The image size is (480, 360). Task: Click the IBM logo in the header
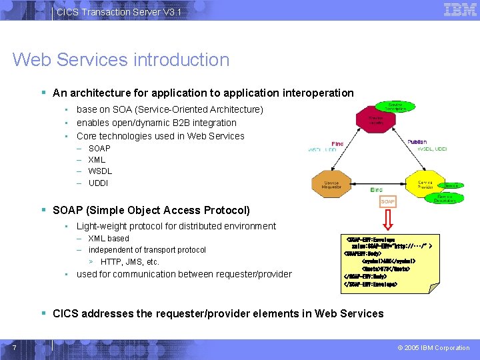point(460,10)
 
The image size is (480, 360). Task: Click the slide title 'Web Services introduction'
point(121,60)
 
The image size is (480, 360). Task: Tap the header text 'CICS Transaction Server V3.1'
point(119,12)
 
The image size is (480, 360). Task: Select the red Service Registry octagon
point(375,120)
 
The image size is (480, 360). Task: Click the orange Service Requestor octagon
point(331,184)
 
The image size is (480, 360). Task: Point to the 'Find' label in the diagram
point(337,143)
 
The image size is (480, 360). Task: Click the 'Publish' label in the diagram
point(417,142)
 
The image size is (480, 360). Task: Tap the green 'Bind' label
point(377,190)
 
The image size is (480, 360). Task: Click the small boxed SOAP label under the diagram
point(387,201)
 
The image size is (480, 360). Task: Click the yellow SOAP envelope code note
point(386,261)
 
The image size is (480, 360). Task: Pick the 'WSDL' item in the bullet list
point(100,171)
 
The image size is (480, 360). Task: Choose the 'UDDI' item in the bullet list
point(98,183)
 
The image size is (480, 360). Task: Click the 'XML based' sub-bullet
point(109,239)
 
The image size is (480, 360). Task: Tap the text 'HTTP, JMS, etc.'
point(130,262)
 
